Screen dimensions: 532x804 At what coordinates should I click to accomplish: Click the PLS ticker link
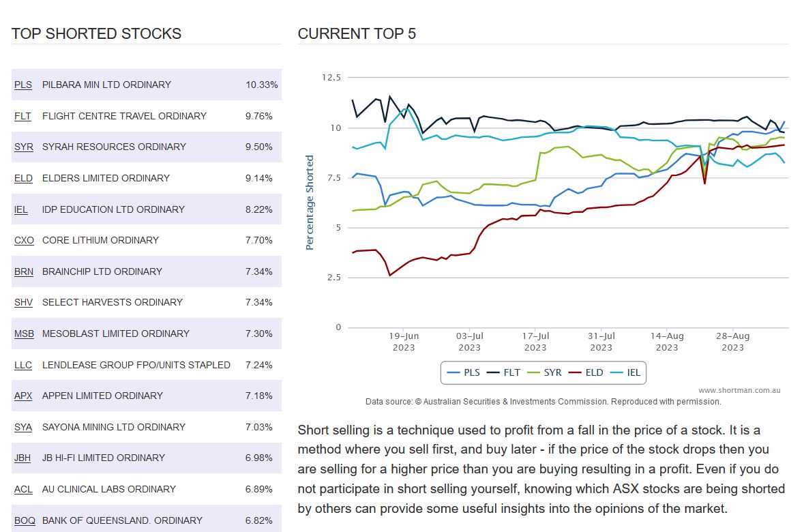23,85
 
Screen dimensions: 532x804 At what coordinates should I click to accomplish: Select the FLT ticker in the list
23,116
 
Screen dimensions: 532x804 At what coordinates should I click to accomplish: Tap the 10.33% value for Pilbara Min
262,85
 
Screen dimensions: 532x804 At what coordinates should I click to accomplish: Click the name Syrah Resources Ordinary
114,147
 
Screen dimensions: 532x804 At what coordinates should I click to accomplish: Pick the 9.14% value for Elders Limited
259,178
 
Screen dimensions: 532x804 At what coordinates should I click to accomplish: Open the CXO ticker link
24,240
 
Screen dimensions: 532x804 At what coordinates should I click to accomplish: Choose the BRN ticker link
24,271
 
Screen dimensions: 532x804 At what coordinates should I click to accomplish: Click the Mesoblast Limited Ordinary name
116,334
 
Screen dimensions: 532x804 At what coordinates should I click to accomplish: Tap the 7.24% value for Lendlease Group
259,365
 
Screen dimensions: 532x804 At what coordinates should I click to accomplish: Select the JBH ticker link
23,458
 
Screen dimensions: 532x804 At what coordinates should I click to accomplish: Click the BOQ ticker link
25,520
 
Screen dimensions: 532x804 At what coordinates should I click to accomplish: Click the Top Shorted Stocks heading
96,33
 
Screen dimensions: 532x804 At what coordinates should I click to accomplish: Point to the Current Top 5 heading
357,33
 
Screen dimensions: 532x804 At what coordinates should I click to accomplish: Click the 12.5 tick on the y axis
331,78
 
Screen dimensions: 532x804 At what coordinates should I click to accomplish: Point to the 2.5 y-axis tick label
333,278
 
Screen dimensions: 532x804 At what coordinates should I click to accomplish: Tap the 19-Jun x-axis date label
404,342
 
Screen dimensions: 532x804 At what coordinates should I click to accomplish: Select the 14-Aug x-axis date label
667,342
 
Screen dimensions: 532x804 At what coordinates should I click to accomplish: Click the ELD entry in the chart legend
588,373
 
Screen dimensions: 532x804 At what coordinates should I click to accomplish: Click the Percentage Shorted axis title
310,203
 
